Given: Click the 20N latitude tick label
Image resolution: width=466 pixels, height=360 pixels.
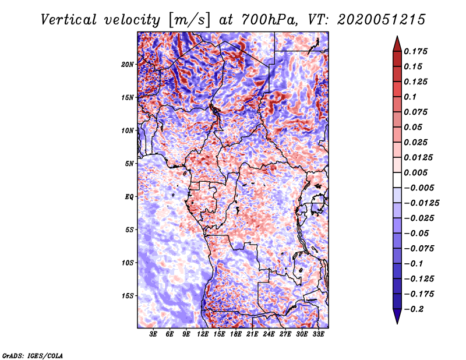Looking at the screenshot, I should pyautogui.click(x=128, y=64).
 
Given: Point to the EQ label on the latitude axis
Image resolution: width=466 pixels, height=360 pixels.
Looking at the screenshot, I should pyautogui.click(x=129, y=196).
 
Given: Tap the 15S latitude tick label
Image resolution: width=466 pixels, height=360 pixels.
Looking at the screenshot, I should pyautogui.click(x=128, y=295).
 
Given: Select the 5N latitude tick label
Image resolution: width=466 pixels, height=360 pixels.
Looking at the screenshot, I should pyautogui.click(x=129, y=164).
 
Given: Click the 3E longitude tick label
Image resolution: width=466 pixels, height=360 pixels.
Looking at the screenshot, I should pyautogui.click(x=154, y=334).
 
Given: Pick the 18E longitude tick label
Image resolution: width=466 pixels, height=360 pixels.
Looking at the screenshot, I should pyautogui.click(x=236, y=334).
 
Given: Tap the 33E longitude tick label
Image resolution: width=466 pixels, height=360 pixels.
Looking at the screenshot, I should pyautogui.click(x=318, y=334).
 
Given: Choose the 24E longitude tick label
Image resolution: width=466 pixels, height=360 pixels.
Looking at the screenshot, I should pyautogui.click(x=269, y=334).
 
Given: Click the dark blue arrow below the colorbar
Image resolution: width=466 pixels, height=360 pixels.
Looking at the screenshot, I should pyautogui.click(x=396, y=316).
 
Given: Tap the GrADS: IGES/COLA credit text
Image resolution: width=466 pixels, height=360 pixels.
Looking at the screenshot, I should pyautogui.click(x=32, y=355).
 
